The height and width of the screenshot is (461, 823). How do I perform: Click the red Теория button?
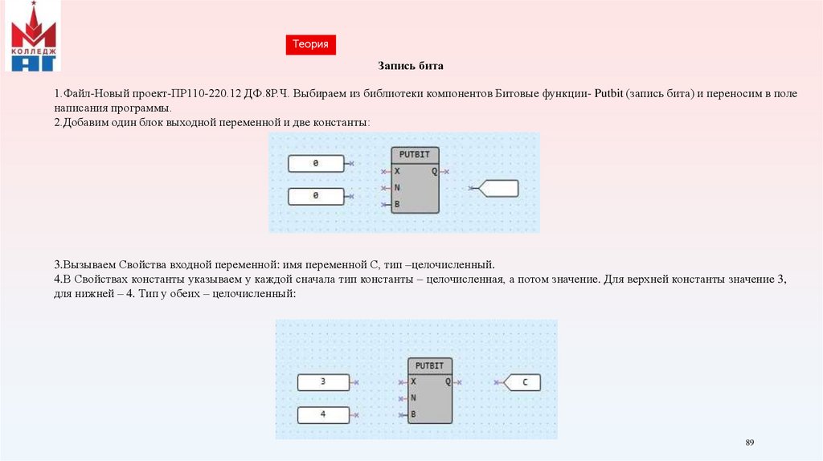[x=310, y=45]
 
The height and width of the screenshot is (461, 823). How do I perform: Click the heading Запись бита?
[x=411, y=66]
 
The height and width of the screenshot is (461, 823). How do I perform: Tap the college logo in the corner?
[x=33, y=36]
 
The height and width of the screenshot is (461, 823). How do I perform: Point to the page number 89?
[x=750, y=443]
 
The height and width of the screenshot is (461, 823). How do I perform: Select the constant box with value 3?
[x=323, y=382]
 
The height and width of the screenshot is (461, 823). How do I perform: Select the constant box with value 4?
[x=323, y=415]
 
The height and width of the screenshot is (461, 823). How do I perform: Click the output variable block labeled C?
[x=522, y=382]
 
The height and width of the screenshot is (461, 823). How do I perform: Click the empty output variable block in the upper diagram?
[x=498, y=189]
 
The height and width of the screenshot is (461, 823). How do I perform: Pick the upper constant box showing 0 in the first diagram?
[x=316, y=163]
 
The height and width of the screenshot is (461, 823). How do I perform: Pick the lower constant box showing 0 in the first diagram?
[x=316, y=196]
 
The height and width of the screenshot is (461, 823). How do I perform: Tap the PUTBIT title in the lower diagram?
[x=430, y=366]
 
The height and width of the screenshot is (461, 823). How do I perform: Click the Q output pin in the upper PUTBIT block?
[x=435, y=171]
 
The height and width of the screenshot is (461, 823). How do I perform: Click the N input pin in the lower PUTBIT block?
[x=413, y=398]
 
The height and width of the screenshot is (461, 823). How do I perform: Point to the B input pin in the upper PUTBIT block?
[x=396, y=205]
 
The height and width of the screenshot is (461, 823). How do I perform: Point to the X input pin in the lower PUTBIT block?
[x=413, y=382]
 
